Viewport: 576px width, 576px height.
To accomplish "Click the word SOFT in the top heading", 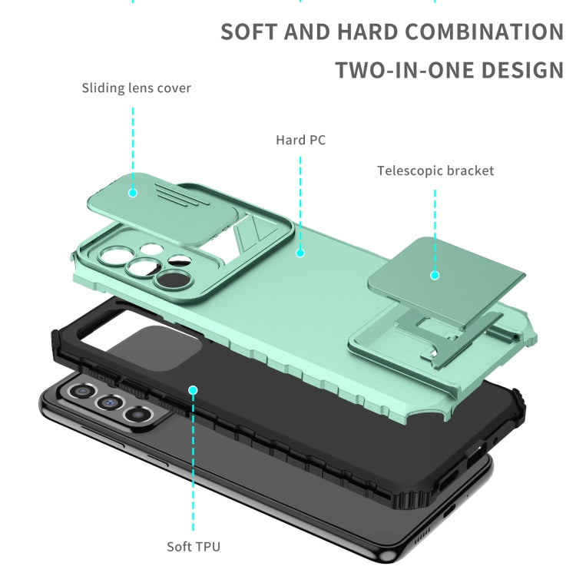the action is [x=249, y=31].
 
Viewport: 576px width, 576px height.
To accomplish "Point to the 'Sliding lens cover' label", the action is [x=136, y=88].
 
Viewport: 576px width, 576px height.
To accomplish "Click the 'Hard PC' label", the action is [x=300, y=140].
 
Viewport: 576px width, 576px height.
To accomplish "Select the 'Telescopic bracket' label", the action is [x=435, y=170].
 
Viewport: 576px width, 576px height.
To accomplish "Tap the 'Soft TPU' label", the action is [x=194, y=547].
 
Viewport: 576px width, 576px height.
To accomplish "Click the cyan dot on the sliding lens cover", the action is [x=133, y=193].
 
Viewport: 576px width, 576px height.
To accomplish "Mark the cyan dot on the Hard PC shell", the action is [x=300, y=253].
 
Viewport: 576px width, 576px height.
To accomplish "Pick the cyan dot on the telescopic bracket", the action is [x=435, y=275].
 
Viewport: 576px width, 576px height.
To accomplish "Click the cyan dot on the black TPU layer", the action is [x=193, y=390].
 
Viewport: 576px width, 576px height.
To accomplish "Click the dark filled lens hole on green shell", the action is [x=171, y=280].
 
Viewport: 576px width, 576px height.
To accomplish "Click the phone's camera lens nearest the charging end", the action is [x=137, y=415].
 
